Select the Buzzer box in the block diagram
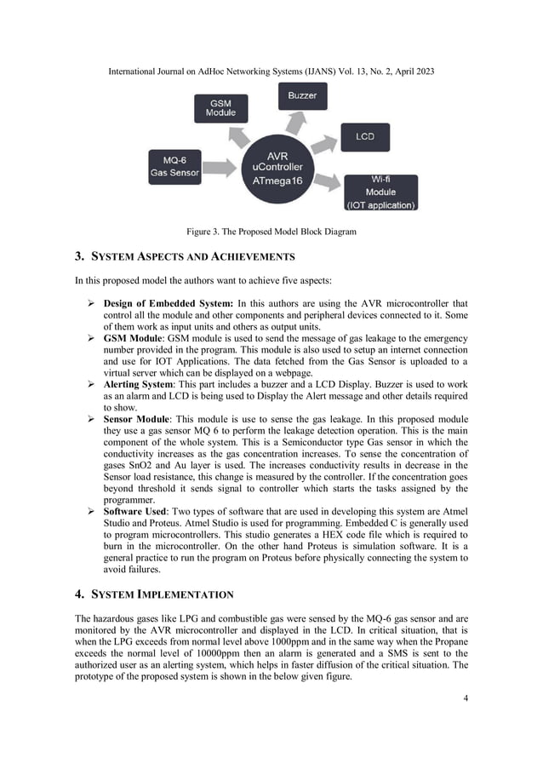pyautogui.click(x=301, y=95)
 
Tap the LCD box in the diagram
pyautogui.click(x=365, y=136)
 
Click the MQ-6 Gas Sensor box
pyautogui.click(x=174, y=165)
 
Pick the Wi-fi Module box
pyautogui.click(x=380, y=192)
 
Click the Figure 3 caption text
pyautogui.click(x=271, y=232)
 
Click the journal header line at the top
pyautogui.click(x=271, y=72)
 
